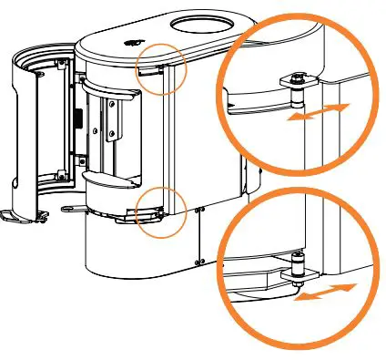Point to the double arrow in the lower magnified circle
tap(327, 293)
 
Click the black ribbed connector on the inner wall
tap(77, 119)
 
